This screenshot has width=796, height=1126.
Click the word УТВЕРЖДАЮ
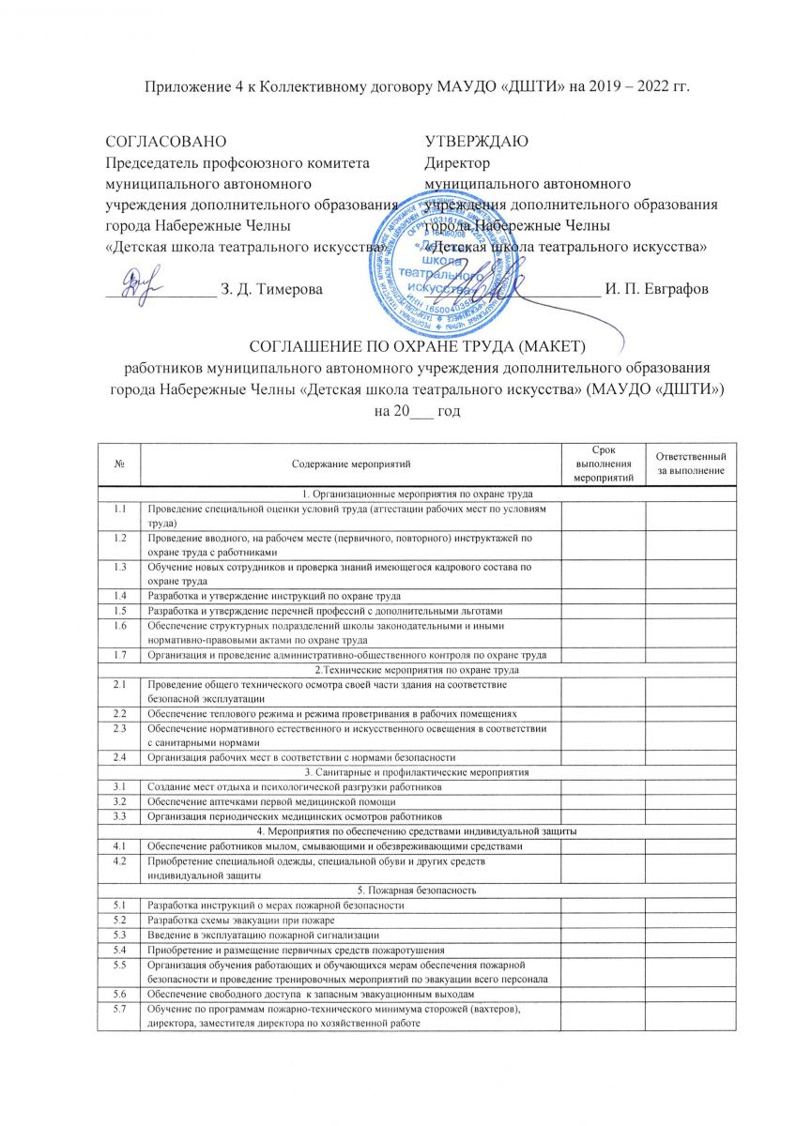click(476, 142)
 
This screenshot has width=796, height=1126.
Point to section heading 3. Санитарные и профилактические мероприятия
click(418, 771)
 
